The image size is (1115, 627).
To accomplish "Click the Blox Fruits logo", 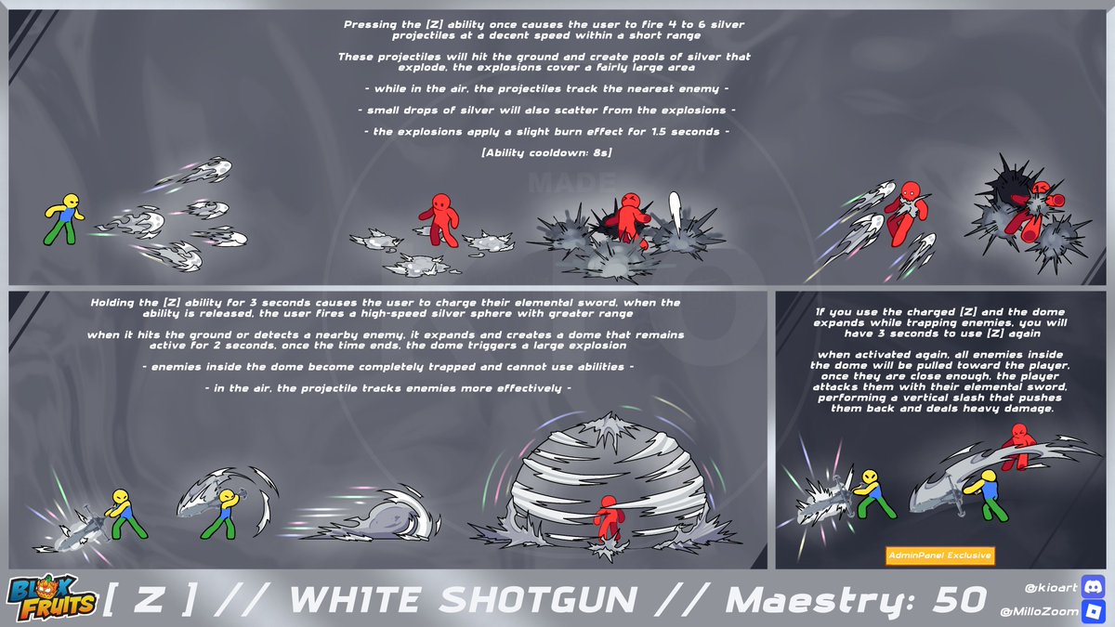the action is tap(52, 597).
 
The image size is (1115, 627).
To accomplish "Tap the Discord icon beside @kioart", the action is tap(1093, 587).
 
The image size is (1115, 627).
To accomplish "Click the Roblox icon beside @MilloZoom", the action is tap(1093, 611).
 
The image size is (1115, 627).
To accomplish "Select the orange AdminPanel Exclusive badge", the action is tap(939, 555).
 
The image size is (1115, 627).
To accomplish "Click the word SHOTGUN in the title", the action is tap(538, 599).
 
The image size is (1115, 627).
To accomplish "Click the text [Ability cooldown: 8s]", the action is tap(546, 152).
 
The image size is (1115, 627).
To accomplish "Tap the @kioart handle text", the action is tap(1050, 588).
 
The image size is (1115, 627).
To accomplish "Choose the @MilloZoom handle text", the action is tap(1039, 611).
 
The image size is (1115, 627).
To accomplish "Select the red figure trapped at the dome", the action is tap(609, 519).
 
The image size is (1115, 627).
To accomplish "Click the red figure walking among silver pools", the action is tap(439, 219).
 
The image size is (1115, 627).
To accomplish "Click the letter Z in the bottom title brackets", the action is tap(148, 599).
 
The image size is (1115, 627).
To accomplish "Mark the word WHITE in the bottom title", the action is tap(355, 599).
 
